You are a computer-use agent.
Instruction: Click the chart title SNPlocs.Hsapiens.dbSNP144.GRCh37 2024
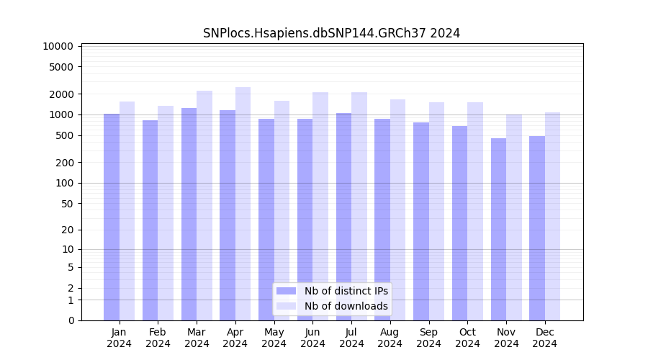tap(331, 33)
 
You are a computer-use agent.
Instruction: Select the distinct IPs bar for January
tap(112, 216)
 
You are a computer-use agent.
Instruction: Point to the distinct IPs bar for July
tap(343, 216)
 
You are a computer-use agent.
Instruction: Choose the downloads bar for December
tap(552, 216)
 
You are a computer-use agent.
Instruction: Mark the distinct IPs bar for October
tap(459, 223)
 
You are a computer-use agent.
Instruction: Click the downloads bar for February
tap(166, 213)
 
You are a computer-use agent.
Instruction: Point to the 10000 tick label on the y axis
tap(58, 46)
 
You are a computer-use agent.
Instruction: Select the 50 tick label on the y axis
tap(66, 204)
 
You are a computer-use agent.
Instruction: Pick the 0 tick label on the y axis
tap(71, 320)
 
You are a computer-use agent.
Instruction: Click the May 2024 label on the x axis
tap(274, 338)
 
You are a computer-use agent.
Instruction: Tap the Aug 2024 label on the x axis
tap(390, 338)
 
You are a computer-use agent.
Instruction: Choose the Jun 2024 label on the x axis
tap(312, 338)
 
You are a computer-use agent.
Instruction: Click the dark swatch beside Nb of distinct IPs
tap(287, 291)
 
